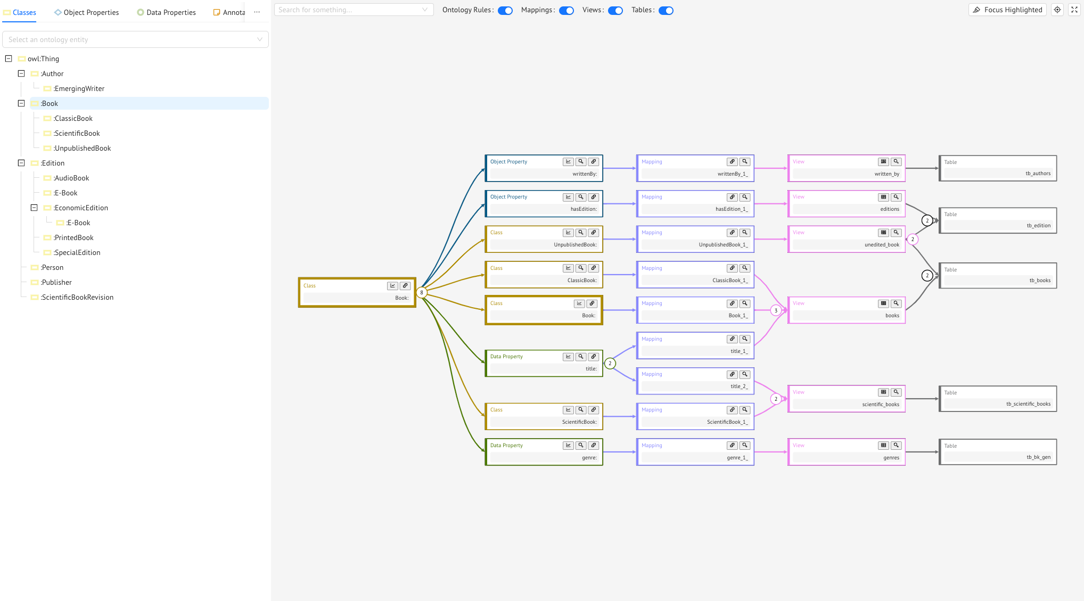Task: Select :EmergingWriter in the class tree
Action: (79, 88)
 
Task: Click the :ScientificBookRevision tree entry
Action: (77, 297)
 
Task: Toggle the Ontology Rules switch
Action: (505, 10)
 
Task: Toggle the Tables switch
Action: (666, 10)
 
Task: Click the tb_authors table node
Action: (998, 168)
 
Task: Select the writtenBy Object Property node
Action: (543, 169)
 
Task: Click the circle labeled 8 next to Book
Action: (422, 292)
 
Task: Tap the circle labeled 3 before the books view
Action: (776, 310)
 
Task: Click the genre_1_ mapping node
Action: (695, 452)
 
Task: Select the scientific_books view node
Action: (846, 399)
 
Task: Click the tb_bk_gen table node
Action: (998, 452)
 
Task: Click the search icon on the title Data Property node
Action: (581, 357)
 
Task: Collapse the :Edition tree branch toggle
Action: (21, 163)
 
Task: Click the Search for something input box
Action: (349, 10)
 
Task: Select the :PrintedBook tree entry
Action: (73, 237)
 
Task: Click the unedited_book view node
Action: (846, 240)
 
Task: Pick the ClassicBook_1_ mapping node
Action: (695, 275)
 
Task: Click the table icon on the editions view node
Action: (883, 197)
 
